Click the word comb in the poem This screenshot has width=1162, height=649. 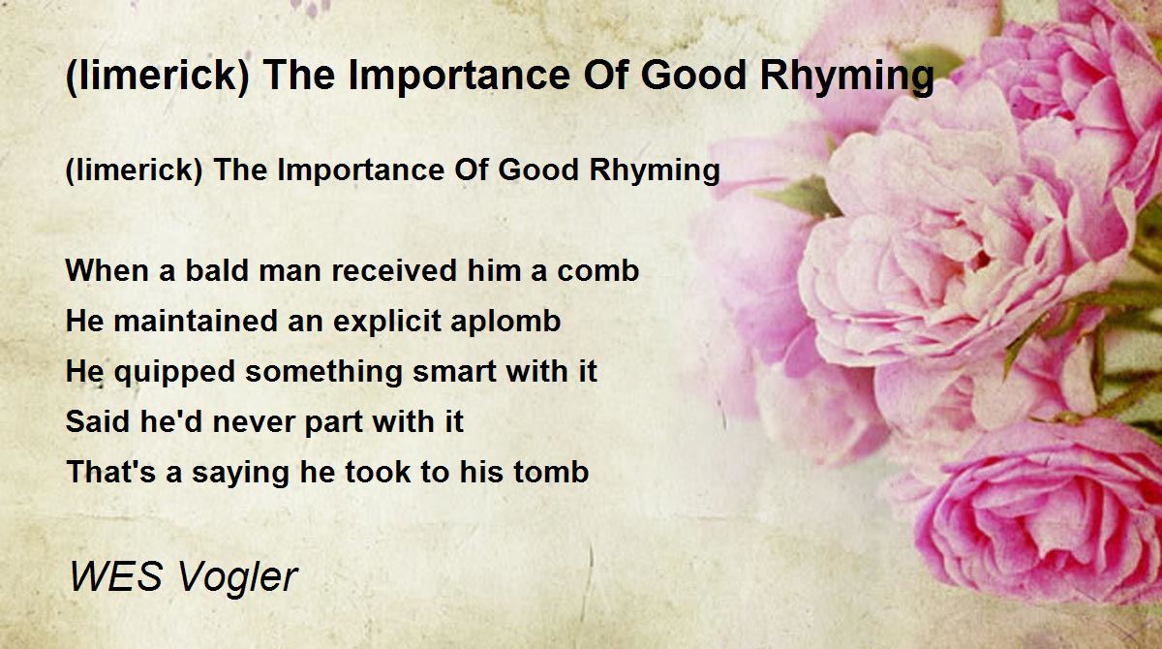click(596, 270)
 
